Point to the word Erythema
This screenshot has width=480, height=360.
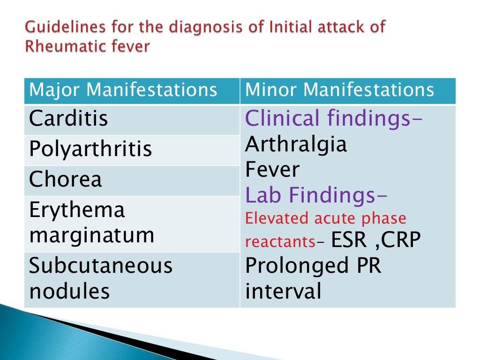[77, 210]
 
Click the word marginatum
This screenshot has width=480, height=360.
[91, 234]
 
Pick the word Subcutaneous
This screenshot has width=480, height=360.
[101, 266]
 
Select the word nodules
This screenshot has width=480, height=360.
[69, 291]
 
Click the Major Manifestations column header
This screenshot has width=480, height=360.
[123, 90]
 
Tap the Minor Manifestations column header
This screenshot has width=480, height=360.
[340, 90]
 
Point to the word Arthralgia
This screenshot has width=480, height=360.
[296, 144]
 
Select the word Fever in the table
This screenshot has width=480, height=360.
[272, 169]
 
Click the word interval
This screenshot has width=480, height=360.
[284, 291]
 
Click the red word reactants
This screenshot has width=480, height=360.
[280, 242]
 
